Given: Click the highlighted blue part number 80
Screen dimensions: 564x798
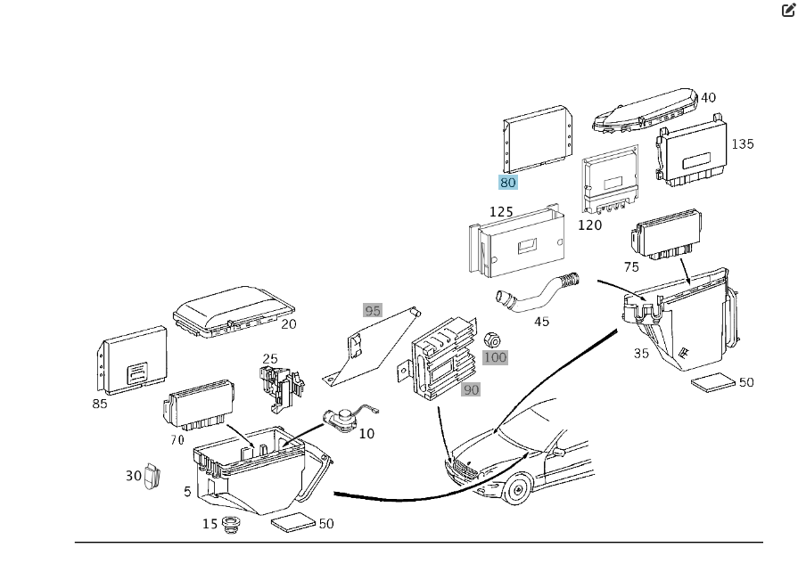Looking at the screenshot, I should (x=507, y=183).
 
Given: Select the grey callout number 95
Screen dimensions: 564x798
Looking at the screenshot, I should (x=373, y=311).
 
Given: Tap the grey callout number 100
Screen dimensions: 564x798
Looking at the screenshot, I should (x=495, y=357).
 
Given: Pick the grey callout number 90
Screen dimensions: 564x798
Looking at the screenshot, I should (x=471, y=389).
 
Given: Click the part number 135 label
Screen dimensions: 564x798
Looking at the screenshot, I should (x=742, y=143).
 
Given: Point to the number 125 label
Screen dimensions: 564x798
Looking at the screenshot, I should (x=501, y=212).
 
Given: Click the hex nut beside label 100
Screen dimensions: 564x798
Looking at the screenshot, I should (x=491, y=339).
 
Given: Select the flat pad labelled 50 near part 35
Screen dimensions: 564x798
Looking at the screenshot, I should (x=713, y=383).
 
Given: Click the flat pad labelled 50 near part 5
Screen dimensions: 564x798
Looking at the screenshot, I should (x=293, y=522).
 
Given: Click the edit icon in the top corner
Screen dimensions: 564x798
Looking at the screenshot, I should (x=788, y=11).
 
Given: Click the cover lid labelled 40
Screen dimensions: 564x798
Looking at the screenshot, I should (x=645, y=110).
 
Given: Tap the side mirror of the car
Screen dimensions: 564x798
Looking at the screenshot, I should (x=558, y=452).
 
